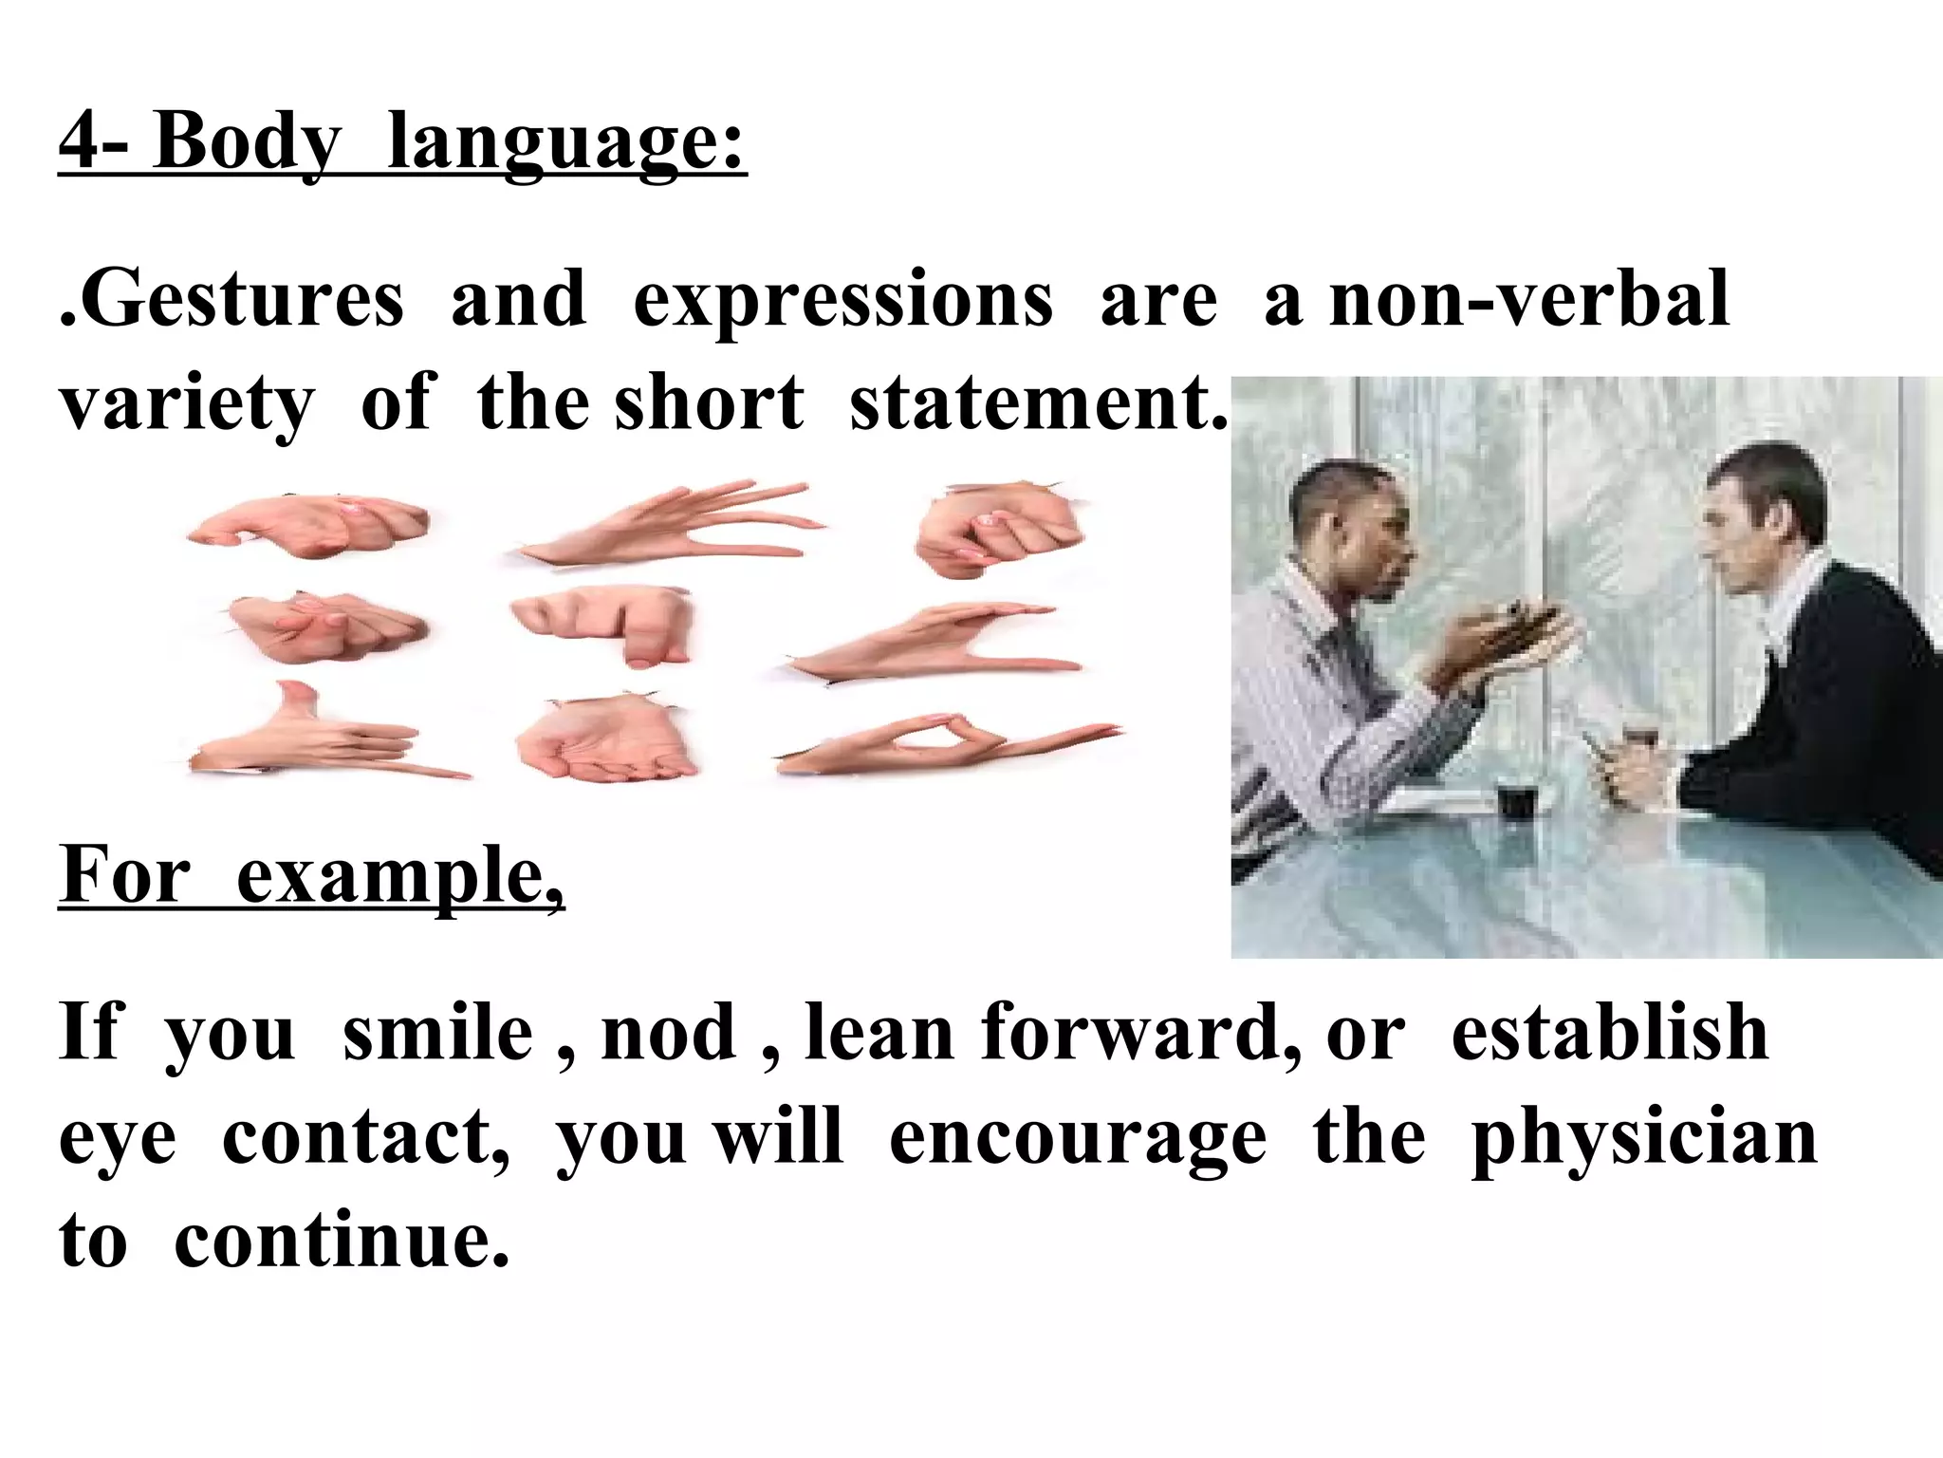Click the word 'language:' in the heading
566,144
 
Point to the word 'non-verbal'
1529,300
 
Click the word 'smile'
437,1034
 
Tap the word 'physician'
1643,1138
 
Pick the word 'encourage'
1078,1138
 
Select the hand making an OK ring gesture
939,745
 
